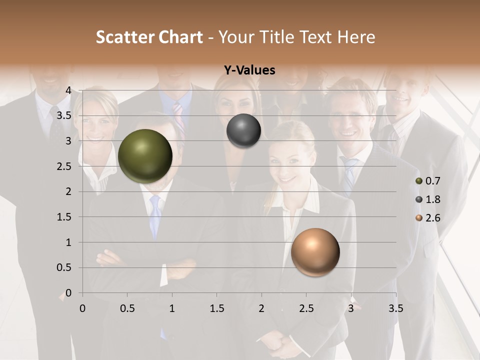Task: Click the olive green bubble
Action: [145, 156]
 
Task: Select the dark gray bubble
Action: [243, 130]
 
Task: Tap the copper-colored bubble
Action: [315, 252]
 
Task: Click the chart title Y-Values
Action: [249, 70]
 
